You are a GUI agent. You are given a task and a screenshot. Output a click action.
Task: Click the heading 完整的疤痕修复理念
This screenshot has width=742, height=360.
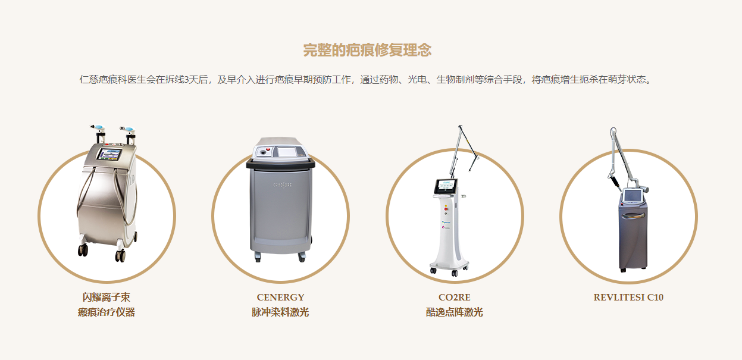coord(367,51)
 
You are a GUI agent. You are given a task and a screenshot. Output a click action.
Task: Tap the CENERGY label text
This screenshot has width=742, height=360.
coord(280,298)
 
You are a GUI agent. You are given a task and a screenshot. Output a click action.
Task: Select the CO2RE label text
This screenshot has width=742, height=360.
coord(454,298)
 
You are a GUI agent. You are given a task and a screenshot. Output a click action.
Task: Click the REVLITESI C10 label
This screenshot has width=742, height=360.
coord(628,298)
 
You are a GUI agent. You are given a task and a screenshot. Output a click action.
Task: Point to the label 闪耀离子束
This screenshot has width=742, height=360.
coord(107,297)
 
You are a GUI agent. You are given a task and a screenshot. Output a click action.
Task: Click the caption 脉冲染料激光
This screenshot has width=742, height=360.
coord(280,312)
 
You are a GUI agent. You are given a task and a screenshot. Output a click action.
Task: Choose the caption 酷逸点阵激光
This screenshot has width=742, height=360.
coord(454,312)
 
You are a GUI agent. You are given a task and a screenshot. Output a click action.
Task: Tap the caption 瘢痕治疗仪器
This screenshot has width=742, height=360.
coord(107,312)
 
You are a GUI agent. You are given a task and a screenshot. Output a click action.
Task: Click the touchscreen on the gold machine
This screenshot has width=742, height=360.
coord(109,154)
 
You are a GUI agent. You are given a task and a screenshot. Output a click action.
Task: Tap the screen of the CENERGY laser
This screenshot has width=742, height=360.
coord(287,152)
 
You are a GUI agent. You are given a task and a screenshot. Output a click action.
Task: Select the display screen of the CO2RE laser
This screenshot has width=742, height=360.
coord(446,186)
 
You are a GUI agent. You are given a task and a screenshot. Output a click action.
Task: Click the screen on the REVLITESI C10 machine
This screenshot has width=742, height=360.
coord(633,196)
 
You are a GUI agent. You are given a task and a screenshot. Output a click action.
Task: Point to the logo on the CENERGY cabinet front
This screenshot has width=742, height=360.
coord(282,185)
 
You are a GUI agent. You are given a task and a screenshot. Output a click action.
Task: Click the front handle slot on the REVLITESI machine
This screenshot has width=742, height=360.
coord(633,215)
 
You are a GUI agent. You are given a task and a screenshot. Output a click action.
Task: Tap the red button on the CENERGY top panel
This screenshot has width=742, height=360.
coord(268,149)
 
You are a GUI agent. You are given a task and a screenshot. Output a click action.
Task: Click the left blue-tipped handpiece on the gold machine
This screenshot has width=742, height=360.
coord(98,127)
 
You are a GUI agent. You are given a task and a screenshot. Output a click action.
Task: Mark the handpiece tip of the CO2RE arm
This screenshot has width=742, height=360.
coord(471,169)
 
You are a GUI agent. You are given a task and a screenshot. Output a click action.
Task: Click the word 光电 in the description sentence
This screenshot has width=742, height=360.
coord(417,80)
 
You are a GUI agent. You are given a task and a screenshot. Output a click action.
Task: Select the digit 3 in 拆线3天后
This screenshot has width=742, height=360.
coord(186,80)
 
